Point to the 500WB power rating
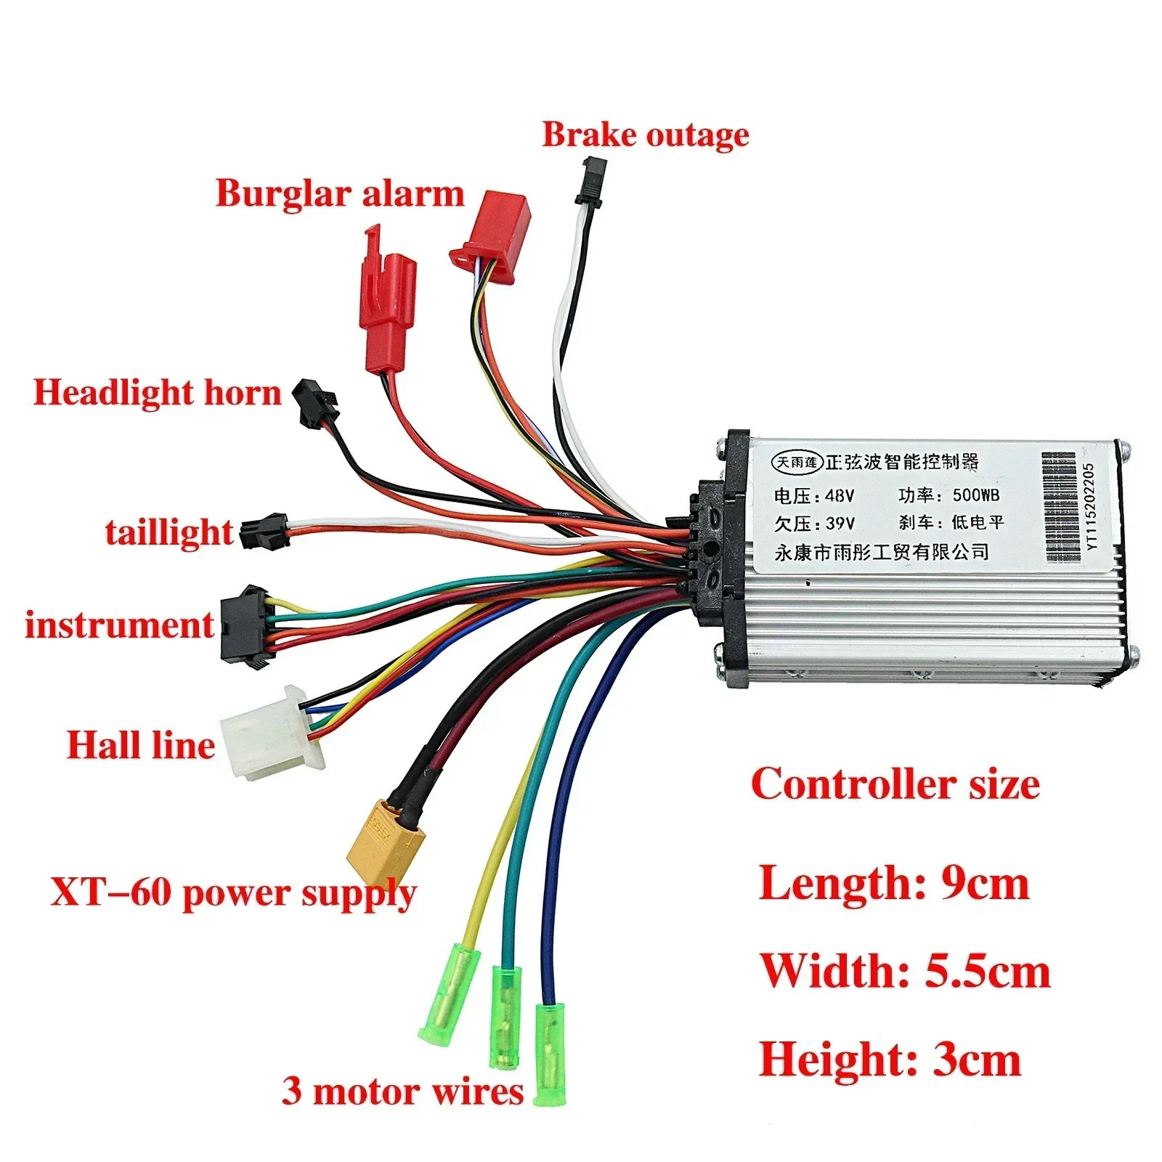(975, 495)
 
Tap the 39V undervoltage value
(840, 524)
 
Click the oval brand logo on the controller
(797, 461)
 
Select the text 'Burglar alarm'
(340, 194)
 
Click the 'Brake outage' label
(646, 135)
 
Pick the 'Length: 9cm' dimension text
(894, 884)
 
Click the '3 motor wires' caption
(402, 1091)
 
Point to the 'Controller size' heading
(895, 784)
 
